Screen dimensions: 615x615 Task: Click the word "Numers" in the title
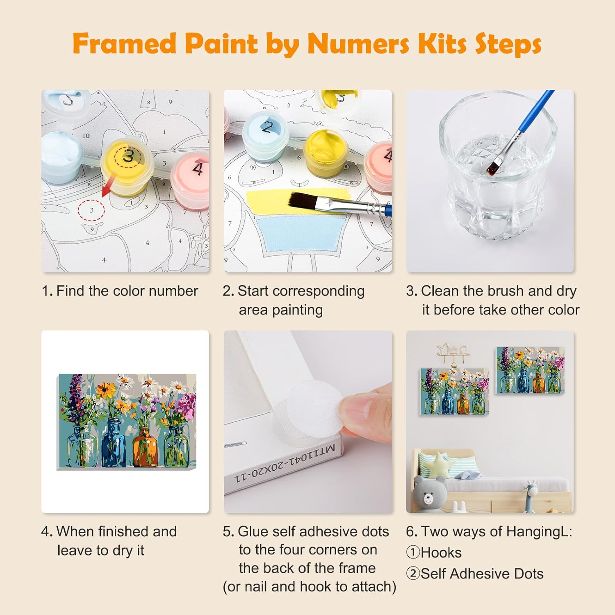pos(358,43)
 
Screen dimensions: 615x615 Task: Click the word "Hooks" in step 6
pos(441,553)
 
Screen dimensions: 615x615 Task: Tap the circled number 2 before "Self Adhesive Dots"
pos(413,573)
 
